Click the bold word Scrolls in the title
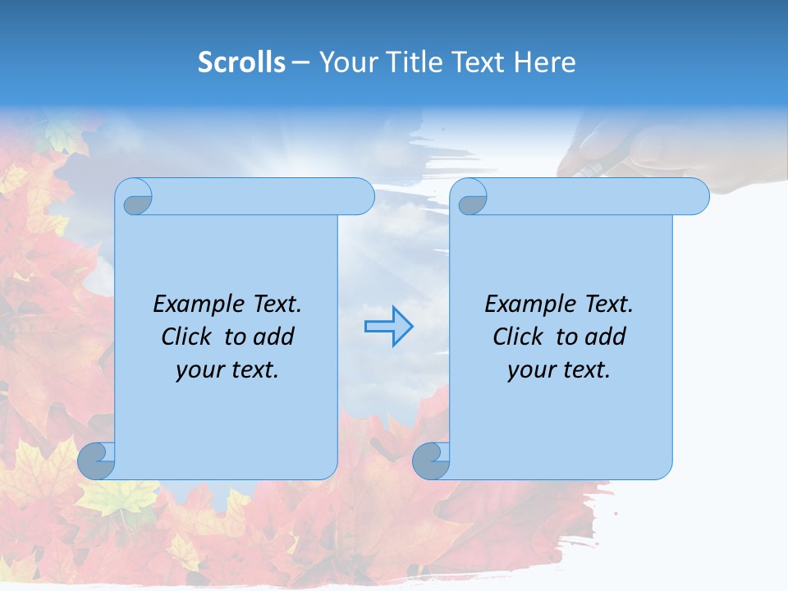point(241,62)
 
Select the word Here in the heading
point(545,62)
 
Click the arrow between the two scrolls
point(388,327)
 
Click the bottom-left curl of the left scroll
point(97,460)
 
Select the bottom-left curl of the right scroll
point(432,460)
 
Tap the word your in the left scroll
point(199,371)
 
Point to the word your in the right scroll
point(530,371)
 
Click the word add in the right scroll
point(606,337)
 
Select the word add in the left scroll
point(274,337)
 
